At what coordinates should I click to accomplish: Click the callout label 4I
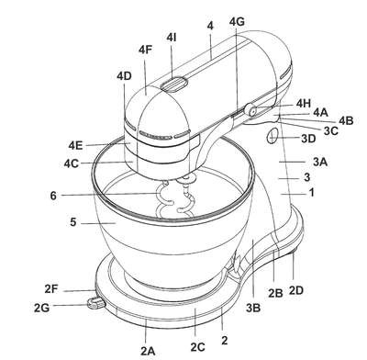click(172, 38)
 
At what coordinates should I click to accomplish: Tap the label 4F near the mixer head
click(145, 50)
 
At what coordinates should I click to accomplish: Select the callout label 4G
click(237, 22)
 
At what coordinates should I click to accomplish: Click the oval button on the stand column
click(272, 136)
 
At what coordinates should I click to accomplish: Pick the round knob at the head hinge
click(250, 110)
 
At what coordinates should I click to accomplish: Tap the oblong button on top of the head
click(174, 84)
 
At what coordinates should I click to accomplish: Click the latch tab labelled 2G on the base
click(95, 302)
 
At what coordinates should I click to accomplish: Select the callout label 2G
click(41, 308)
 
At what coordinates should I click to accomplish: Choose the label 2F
click(51, 288)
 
